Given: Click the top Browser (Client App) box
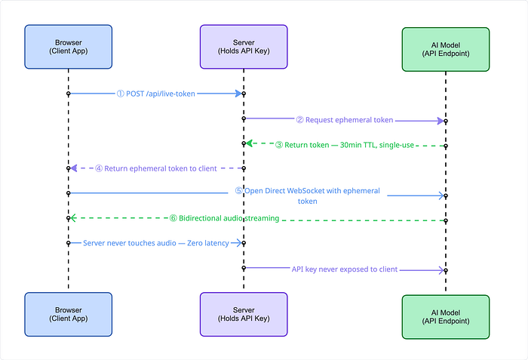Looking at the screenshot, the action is [69, 47].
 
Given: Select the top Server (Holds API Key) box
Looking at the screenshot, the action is [244, 47].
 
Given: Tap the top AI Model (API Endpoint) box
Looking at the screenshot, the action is [446, 49].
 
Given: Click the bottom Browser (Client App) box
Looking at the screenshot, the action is [69, 314].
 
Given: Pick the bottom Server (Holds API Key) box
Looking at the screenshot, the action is [244, 314].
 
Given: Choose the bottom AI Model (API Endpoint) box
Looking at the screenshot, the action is [446, 317].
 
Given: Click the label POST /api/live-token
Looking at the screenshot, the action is [160, 94].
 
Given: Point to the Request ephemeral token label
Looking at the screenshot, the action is [349, 120].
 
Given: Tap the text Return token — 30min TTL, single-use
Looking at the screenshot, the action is [349, 145].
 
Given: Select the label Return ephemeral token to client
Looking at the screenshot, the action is [161, 168].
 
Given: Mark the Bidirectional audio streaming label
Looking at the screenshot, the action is [229, 218].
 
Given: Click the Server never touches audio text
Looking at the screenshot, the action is [130, 243].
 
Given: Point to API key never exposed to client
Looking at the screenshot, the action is [345, 269].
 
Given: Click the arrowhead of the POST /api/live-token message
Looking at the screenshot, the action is [239, 94].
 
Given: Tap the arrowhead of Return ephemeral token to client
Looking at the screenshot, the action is [74, 168].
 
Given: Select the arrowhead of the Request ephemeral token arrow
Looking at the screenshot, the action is [441, 121].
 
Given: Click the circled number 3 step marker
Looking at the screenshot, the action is [279, 145].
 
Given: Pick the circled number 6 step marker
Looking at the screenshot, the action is [173, 218].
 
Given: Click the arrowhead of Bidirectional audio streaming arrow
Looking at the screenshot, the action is [73, 218].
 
